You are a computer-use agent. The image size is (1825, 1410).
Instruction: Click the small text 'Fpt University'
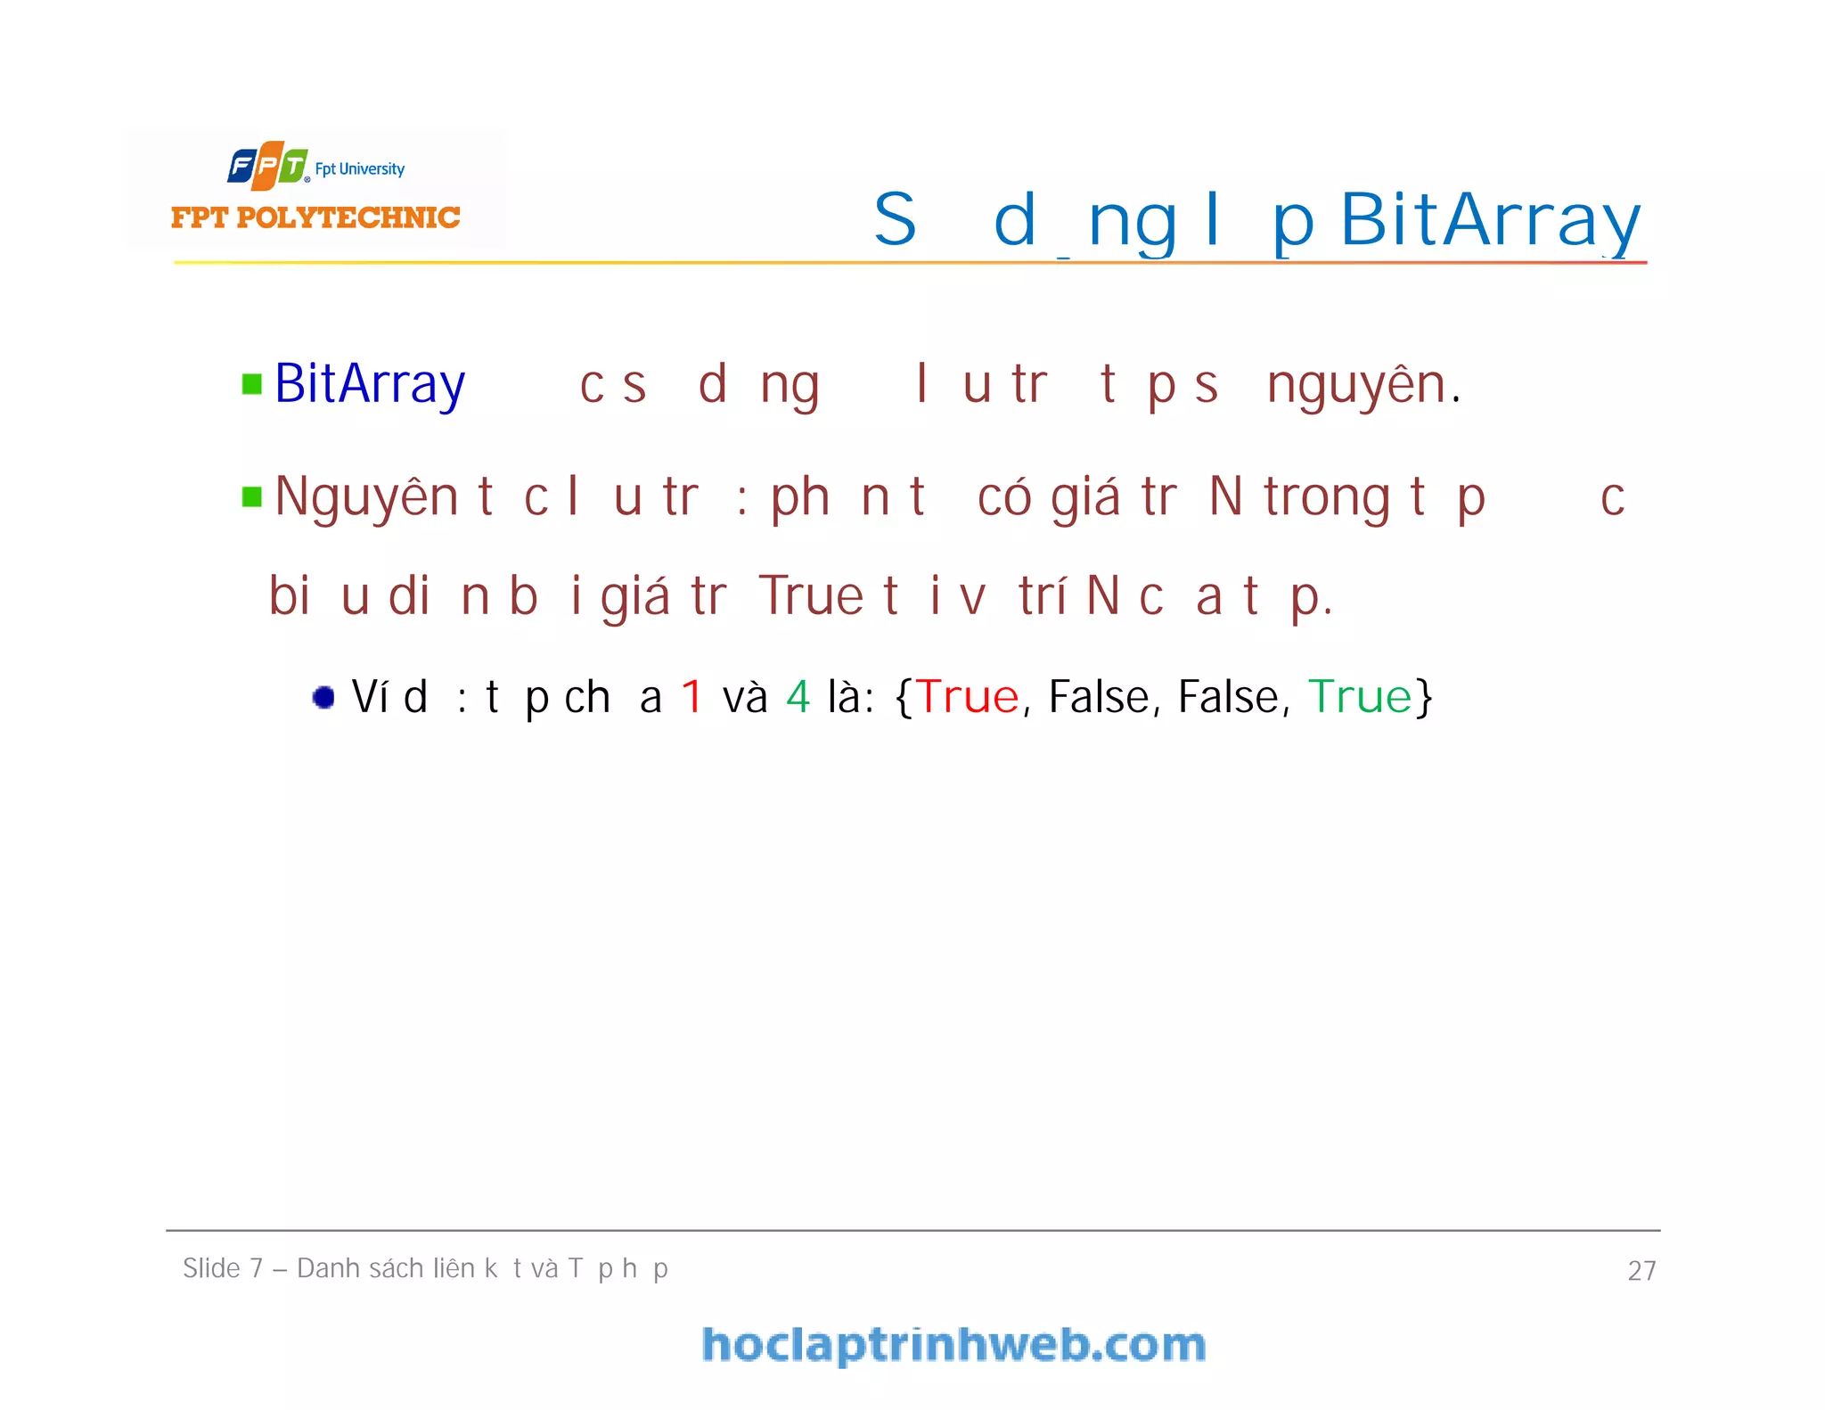tap(359, 168)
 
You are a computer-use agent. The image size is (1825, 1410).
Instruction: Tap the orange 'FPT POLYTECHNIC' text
tap(315, 217)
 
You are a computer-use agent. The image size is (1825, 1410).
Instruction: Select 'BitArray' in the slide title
tap(1489, 219)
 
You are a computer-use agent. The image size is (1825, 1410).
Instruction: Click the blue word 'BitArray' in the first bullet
tap(370, 384)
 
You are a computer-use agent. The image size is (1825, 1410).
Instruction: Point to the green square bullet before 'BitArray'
tap(252, 384)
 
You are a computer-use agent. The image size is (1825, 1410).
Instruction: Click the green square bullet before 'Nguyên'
tap(252, 496)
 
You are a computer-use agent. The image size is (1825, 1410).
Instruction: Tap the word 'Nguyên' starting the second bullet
tap(366, 497)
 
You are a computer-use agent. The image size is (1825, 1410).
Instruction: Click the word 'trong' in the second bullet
tap(1326, 497)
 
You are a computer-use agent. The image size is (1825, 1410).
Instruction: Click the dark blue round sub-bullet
tap(323, 697)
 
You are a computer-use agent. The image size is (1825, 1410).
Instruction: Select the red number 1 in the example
tap(692, 697)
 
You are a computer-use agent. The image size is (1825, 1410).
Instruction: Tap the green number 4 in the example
tap(798, 697)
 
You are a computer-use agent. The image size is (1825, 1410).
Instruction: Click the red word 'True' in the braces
tap(968, 697)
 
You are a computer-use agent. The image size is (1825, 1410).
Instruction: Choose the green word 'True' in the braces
tap(1360, 697)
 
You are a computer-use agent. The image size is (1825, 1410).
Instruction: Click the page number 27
tap(1641, 1270)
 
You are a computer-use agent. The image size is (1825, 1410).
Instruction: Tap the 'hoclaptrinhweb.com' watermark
tap(953, 1344)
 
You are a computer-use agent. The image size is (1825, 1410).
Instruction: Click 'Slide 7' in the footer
tap(223, 1268)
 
